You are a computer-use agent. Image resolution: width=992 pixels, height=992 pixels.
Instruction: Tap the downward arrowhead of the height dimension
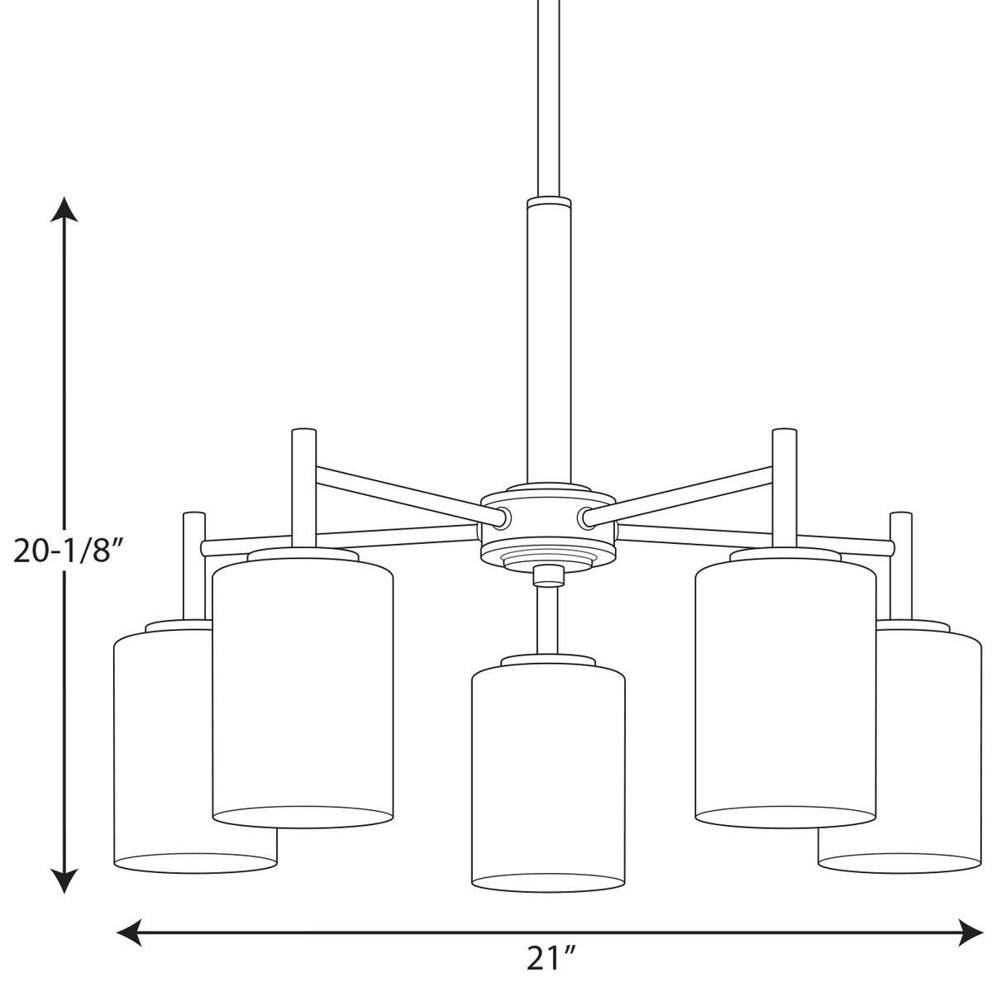click(64, 880)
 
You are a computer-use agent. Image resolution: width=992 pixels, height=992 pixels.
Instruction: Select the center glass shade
click(547, 777)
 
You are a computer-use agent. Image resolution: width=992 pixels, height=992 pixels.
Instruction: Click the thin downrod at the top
click(547, 91)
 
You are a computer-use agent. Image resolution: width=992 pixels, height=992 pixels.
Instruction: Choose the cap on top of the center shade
click(547, 661)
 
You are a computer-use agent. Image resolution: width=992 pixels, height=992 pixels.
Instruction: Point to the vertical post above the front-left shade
click(303, 488)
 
